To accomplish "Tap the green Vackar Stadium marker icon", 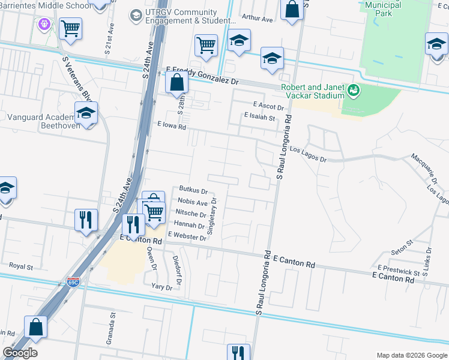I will pos(354,90).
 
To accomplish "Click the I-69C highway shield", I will pos(73,281).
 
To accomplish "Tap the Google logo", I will pos(20,353).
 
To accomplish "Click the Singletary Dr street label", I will pos(211,217).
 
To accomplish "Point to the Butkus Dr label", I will pos(193,191).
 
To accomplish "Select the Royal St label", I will pos(20,265).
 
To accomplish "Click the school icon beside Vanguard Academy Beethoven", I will pos(86,114).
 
